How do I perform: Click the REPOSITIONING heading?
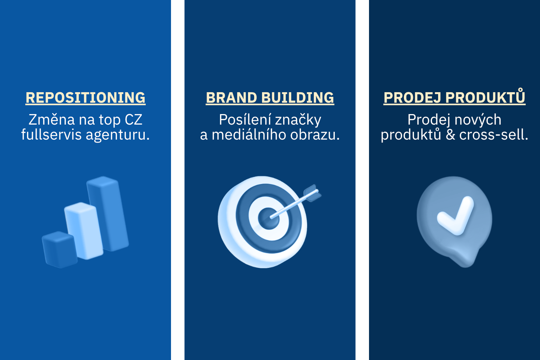tap(86, 98)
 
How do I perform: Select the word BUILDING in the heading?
tap(298, 98)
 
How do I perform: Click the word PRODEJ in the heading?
tap(412, 98)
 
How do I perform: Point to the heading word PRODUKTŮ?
tap(485, 96)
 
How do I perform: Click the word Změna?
tap(51, 120)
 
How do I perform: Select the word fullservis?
tap(51, 135)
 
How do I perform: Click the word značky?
tap(298, 120)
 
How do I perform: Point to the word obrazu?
tap(315, 135)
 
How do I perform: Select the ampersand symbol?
tap(450, 135)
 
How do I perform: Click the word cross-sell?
tap(494, 135)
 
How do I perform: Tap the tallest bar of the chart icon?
tap(108, 213)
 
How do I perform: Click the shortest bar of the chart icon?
tap(59, 249)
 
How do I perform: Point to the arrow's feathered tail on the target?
tap(312, 193)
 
